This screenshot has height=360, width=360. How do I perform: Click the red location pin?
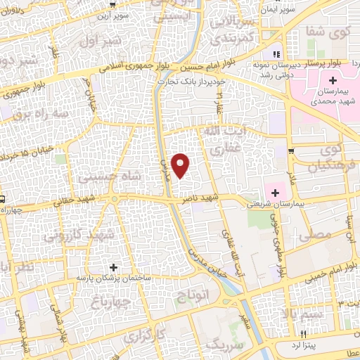coord(181,165)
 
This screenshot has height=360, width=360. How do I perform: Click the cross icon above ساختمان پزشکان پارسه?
coord(114,267)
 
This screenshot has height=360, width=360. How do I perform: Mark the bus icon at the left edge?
coord(3,199)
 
